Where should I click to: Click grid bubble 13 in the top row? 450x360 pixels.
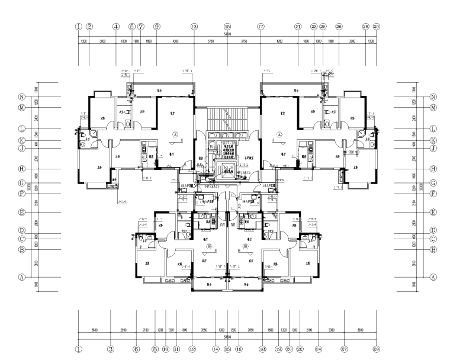(x=194, y=26)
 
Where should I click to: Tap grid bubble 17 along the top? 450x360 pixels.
(x=261, y=26)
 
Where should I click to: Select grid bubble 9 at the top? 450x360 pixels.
(x=157, y=26)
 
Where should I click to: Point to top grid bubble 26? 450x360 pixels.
(x=339, y=26)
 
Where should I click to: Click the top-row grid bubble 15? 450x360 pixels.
(x=227, y=26)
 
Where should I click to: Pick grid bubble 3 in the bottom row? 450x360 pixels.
(x=110, y=349)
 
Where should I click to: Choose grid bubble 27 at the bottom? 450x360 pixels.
(x=344, y=349)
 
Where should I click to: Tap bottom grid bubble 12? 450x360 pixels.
(x=192, y=349)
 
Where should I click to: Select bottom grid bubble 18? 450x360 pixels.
(x=261, y=349)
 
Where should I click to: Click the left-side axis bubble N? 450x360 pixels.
(x=21, y=97)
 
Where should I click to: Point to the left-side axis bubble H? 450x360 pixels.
(x=21, y=169)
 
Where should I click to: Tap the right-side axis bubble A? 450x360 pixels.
(x=433, y=277)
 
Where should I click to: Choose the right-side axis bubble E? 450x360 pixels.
(x=433, y=212)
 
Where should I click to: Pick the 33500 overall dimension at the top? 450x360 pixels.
(x=227, y=34)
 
